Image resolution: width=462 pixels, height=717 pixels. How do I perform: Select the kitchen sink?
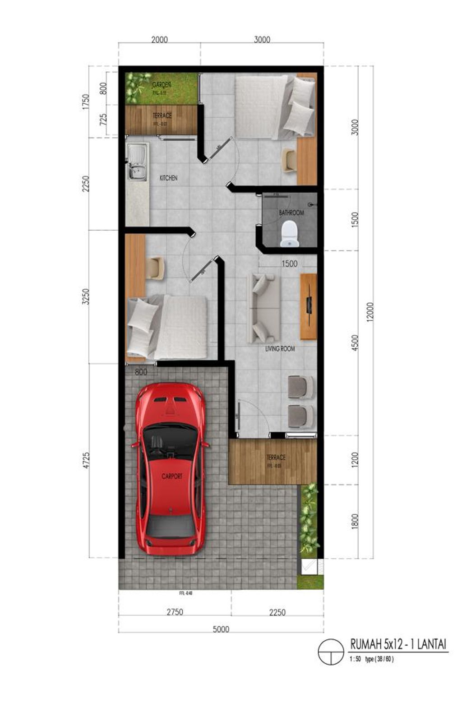tap(137, 162)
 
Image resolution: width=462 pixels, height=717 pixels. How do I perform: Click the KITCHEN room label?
tap(169, 178)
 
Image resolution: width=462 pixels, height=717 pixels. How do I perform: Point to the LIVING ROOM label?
tap(280, 348)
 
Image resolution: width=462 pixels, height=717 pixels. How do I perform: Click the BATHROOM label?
tap(291, 212)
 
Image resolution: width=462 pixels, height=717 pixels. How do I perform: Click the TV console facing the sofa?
tap(309, 306)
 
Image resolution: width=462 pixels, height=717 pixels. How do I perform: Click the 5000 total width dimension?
tap(221, 629)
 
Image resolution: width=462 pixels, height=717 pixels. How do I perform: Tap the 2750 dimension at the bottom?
tap(175, 612)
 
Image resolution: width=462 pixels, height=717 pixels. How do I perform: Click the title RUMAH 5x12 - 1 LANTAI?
tap(398, 644)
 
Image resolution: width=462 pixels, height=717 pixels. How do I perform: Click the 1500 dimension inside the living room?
tap(289, 264)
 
